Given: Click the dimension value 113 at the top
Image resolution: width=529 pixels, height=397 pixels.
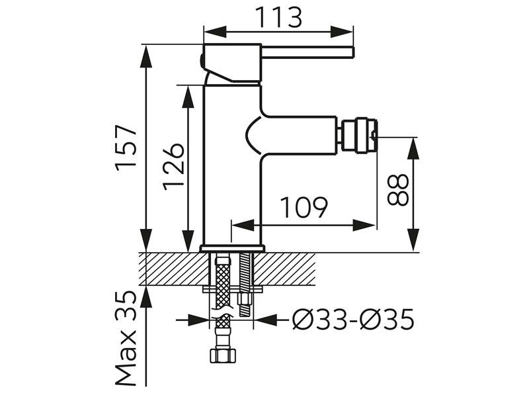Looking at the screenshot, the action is coord(278,17).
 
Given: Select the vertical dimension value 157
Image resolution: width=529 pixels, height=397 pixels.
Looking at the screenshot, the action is coord(126,148).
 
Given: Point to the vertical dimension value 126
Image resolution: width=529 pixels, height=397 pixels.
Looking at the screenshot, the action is coord(174,166).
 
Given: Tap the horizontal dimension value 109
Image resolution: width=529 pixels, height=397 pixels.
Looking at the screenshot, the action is coord(304,207).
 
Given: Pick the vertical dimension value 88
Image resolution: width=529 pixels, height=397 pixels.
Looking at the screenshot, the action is coord(398,189).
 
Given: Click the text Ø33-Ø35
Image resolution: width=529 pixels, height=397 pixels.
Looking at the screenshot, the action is coord(353,320).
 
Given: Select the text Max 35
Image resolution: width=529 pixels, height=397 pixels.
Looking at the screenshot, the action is coord(126,338).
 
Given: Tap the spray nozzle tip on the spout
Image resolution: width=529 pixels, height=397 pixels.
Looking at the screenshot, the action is coord(359,136).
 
